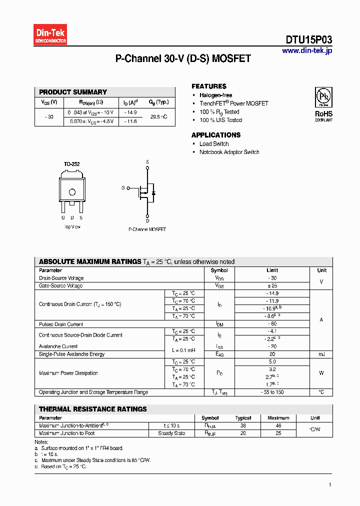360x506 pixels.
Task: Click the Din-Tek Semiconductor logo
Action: point(50,35)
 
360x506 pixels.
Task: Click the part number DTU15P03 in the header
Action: point(308,40)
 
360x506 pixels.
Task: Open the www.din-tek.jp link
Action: point(306,50)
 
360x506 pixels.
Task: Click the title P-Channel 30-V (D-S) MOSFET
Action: point(183,59)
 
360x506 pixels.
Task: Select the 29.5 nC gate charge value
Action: point(158,116)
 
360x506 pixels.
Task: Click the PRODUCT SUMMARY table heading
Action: point(73,92)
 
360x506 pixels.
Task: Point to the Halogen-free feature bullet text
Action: point(215,95)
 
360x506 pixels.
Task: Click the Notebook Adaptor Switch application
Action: point(229,152)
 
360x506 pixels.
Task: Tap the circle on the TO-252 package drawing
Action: point(72,191)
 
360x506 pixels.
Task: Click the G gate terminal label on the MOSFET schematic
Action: point(123,188)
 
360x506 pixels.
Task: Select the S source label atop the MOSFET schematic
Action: point(147,161)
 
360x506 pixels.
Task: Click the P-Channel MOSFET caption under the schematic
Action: point(147,229)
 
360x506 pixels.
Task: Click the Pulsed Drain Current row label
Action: point(61,324)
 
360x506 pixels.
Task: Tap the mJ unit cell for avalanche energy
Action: point(321,354)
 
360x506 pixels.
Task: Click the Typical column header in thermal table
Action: point(243,418)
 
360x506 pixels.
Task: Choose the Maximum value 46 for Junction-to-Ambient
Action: point(278,425)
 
